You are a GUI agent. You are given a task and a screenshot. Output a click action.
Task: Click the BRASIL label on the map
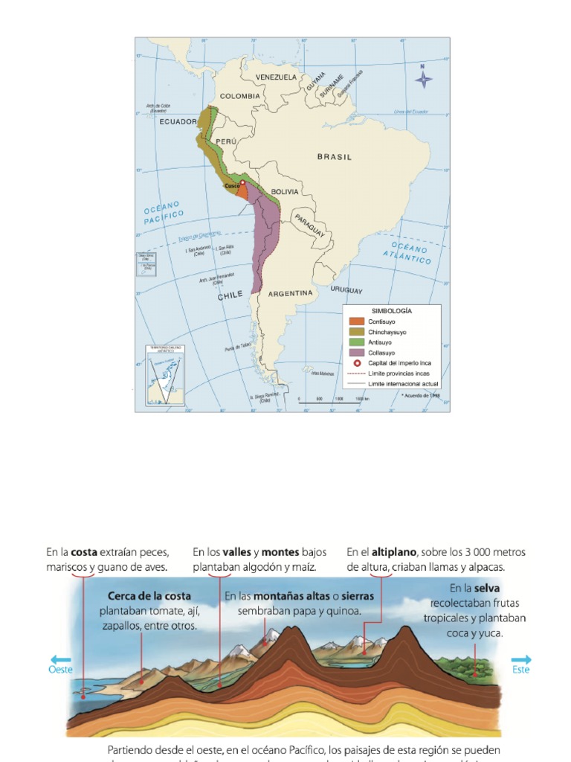(334, 157)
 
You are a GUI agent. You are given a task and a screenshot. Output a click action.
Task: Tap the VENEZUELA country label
(276, 77)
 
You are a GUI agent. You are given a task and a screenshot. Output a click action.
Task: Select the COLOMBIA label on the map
(239, 96)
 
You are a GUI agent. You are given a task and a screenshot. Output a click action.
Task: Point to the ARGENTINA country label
(290, 293)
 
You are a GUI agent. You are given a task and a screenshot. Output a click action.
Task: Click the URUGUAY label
(346, 290)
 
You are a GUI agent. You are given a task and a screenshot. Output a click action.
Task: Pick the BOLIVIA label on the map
(284, 192)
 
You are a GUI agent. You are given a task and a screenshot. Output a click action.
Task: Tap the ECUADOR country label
(178, 121)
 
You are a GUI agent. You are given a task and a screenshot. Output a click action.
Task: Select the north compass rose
(422, 77)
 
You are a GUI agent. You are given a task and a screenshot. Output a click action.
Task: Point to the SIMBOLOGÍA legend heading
(391, 310)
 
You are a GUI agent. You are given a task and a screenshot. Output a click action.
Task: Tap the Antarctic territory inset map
(164, 376)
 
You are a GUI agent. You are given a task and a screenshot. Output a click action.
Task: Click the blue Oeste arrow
(61, 660)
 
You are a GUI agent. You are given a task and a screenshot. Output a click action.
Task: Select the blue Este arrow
(521, 660)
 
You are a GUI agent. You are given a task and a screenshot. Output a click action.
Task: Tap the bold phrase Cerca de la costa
(149, 596)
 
